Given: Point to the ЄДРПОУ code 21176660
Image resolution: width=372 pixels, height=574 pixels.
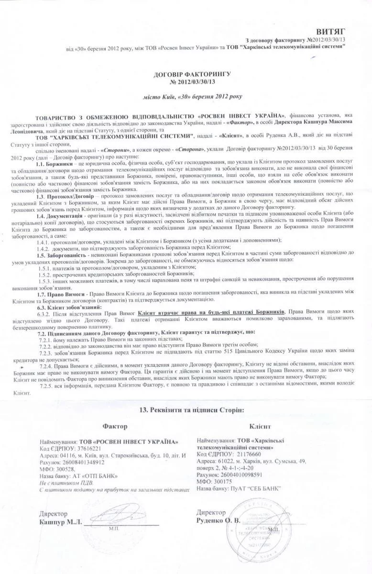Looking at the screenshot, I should click(x=246, y=453).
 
